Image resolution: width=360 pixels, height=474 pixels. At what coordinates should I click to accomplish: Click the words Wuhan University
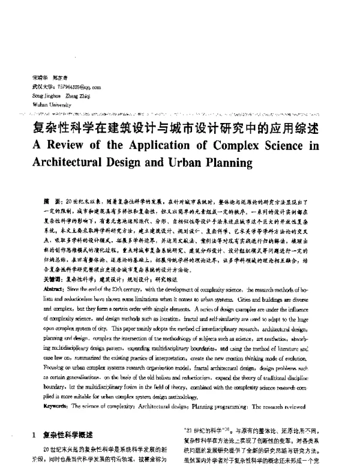49,103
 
